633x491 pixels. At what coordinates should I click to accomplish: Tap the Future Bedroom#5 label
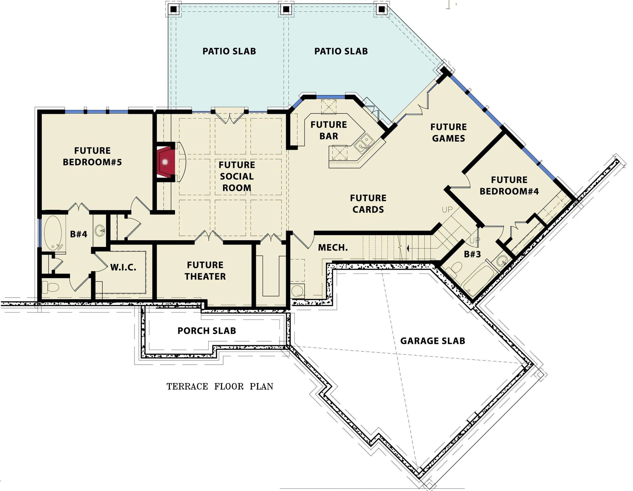(x=92, y=156)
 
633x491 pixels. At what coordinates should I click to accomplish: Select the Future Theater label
(x=205, y=271)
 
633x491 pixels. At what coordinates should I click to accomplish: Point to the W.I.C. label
(x=123, y=268)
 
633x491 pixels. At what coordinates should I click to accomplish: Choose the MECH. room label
(x=333, y=248)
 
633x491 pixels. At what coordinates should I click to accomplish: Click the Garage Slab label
(x=433, y=341)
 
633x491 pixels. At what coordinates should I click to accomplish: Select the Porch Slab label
(x=207, y=331)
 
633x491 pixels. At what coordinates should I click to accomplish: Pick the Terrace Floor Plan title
(x=220, y=386)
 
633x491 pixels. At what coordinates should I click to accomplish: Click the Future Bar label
(x=329, y=130)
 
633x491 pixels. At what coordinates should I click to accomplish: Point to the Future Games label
(x=448, y=132)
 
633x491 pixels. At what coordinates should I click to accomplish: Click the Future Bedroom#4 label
(x=509, y=185)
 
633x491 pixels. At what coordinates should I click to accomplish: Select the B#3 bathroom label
(x=472, y=254)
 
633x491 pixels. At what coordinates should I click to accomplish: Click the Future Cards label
(x=368, y=204)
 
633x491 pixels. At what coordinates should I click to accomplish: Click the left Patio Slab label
(x=229, y=51)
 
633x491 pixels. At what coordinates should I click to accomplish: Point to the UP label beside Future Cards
(x=447, y=210)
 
